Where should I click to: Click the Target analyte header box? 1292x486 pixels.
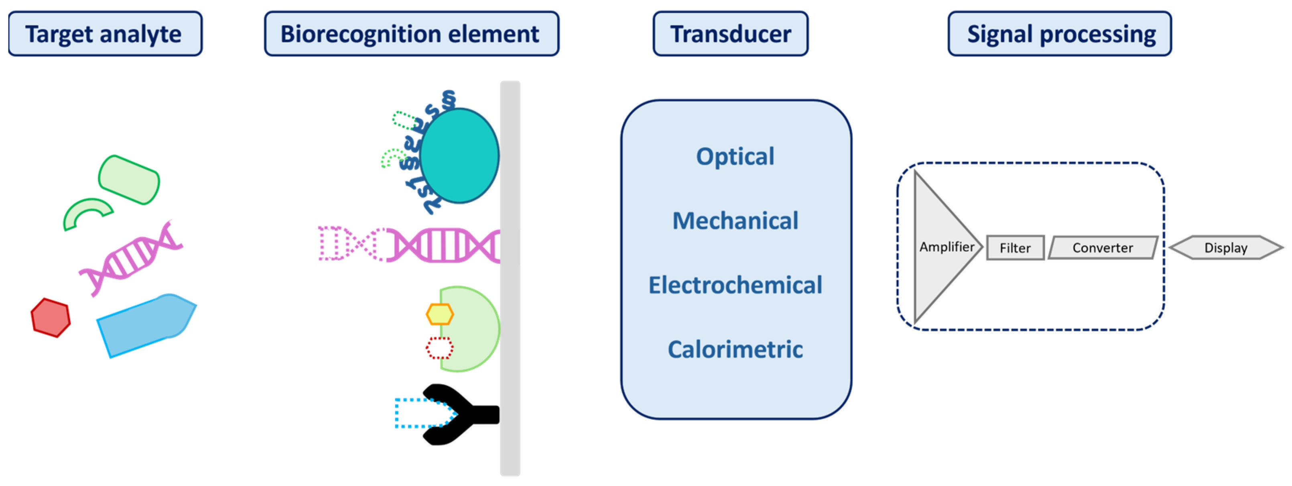pos(105,34)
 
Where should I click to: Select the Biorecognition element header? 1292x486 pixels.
pos(411,34)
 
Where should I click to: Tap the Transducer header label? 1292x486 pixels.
pos(730,34)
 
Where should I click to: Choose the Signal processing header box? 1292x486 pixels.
pos(1059,34)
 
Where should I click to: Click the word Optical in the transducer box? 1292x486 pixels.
pos(735,156)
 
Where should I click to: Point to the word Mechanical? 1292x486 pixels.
pos(735,221)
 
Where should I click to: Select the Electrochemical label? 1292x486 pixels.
pos(735,285)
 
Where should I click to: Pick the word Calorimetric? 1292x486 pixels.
pos(735,349)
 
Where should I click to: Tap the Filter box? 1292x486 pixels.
pos(1015,247)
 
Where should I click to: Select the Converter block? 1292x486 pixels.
pos(1103,247)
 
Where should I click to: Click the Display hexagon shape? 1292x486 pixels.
pos(1226,247)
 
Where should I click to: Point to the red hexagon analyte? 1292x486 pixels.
pos(51,318)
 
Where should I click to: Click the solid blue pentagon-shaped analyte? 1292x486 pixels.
pos(145,324)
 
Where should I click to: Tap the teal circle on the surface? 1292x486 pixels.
pos(459,156)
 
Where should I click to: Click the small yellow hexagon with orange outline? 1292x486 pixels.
pos(440,314)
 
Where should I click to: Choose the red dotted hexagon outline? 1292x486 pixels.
pos(439,348)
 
